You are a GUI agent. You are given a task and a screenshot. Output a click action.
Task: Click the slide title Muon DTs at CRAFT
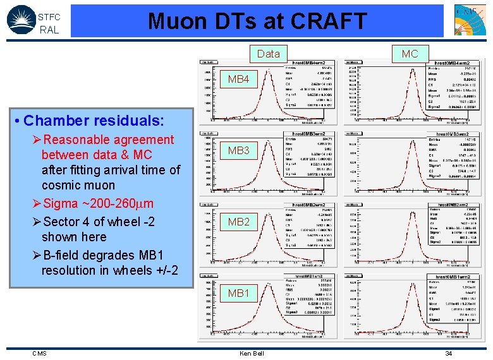tap(257, 21)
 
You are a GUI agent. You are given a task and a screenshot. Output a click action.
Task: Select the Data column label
tap(269, 54)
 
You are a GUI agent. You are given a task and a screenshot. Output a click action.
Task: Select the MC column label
tap(410, 54)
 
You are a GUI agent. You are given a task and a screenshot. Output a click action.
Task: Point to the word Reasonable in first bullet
tap(75, 140)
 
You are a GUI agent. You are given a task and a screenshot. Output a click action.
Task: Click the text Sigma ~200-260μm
tap(95, 203)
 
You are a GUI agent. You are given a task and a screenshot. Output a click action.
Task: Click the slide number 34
tap(448, 353)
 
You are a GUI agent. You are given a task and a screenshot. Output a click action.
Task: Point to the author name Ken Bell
tap(252, 353)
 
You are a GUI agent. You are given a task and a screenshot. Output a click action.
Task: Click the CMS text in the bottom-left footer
tap(39, 353)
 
